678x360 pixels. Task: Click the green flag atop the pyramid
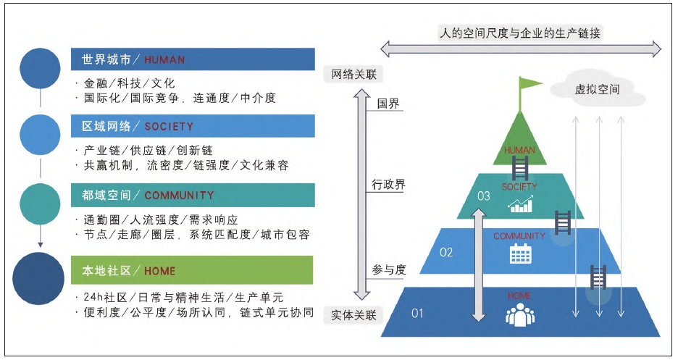(x=529, y=85)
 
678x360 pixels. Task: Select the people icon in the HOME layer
(x=519, y=314)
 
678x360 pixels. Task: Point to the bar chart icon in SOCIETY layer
(x=520, y=205)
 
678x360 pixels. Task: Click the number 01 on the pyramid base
(x=417, y=314)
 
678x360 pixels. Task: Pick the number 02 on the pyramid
(x=446, y=252)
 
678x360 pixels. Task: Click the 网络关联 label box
(x=353, y=74)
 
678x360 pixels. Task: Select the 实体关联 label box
(x=353, y=316)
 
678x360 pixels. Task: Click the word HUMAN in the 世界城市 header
(x=164, y=59)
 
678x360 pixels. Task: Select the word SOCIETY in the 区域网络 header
(x=169, y=126)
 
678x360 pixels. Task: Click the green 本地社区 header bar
(x=193, y=271)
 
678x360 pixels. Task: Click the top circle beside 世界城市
(x=41, y=67)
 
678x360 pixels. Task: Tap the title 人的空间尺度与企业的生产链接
(x=520, y=33)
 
